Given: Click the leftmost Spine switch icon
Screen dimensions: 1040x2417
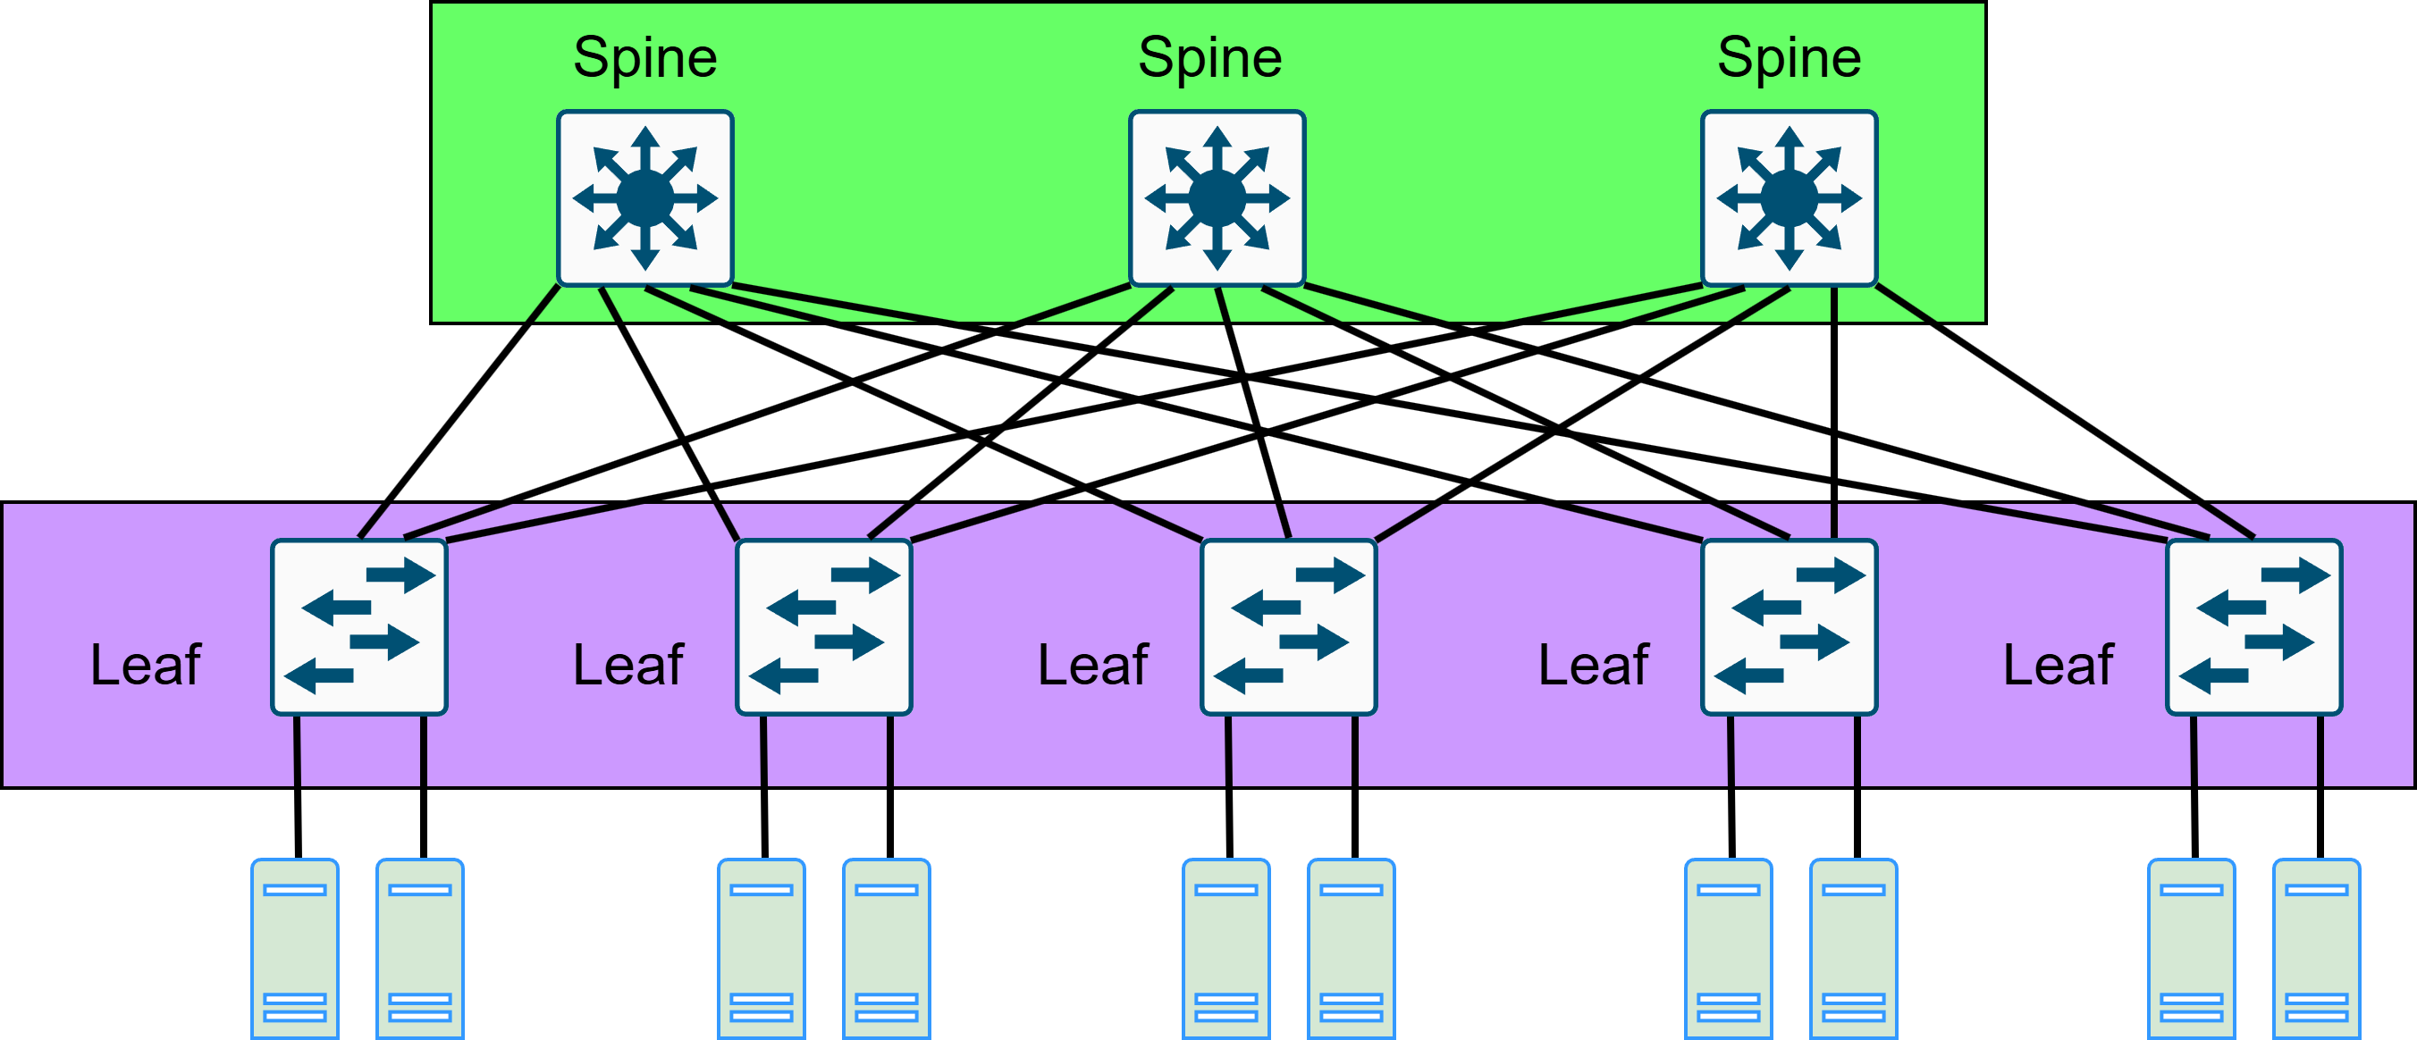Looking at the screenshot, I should [x=645, y=197].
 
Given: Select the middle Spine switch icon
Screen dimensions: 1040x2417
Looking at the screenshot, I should [x=1217, y=197].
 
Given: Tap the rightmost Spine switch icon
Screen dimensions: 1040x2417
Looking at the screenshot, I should [x=1790, y=197].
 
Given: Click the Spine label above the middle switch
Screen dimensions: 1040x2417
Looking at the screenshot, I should [x=1209, y=57].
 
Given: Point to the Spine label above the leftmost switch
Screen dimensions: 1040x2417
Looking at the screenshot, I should [x=645, y=57].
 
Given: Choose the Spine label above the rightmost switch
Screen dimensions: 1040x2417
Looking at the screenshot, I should [x=1790, y=57].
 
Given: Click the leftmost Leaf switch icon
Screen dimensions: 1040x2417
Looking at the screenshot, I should [x=359, y=626].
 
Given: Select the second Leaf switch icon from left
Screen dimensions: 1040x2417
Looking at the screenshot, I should [x=824, y=626].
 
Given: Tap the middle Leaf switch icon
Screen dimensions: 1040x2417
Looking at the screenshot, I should [x=1289, y=626].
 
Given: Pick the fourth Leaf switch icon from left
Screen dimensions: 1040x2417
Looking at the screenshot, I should [x=1790, y=626].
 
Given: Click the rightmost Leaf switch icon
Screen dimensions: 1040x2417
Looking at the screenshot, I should [x=2253, y=626].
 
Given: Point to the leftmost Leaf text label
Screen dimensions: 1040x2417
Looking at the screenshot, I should [x=146, y=665].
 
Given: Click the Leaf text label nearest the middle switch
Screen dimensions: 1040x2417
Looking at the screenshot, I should [x=1093, y=665].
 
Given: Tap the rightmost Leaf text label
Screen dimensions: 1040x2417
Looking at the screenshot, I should [x=2059, y=665].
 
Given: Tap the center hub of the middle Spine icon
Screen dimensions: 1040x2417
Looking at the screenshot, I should [x=1217, y=197].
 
